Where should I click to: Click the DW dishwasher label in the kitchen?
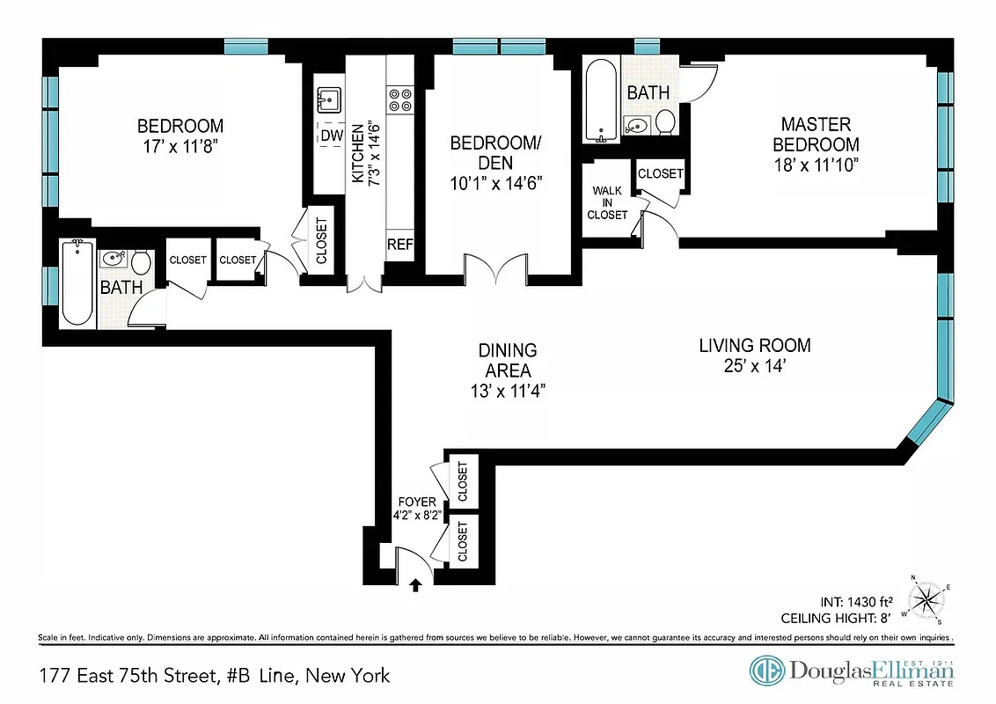(x=331, y=136)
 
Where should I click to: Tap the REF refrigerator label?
(x=399, y=245)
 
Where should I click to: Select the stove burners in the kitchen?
(x=400, y=99)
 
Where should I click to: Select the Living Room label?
(x=755, y=346)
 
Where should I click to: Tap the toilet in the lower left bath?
(x=141, y=261)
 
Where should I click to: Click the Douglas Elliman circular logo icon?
(x=766, y=671)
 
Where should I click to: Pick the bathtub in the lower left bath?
(x=77, y=283)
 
